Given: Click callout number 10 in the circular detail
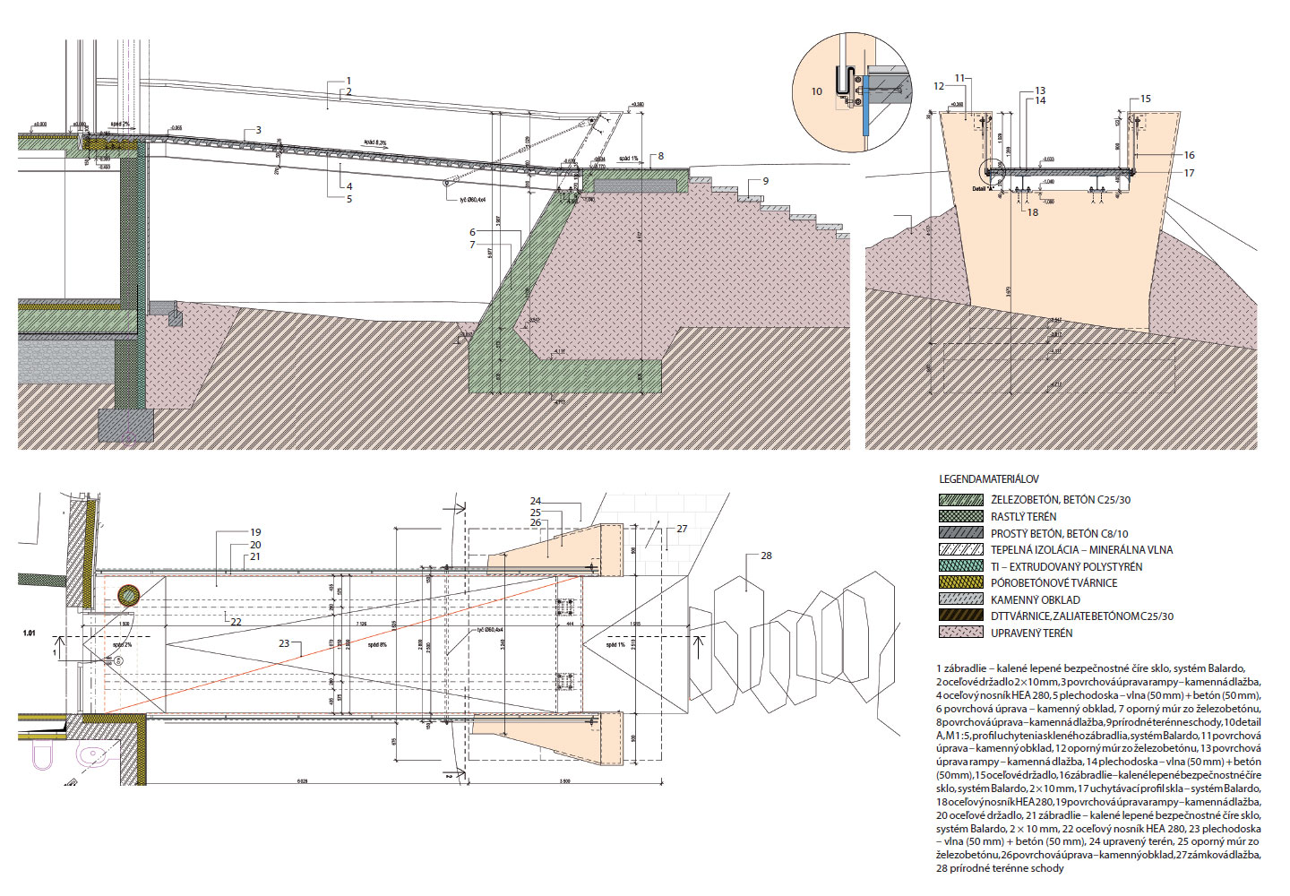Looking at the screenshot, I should pyautogui.click(x=816, y=91).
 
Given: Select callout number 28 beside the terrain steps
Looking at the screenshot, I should pyautogui.click(x=766, y=556).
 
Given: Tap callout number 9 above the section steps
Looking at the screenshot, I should pyautogui.click(x=765, y=181).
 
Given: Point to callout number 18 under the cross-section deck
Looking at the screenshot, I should pyautogui.click(x=1033, y=212).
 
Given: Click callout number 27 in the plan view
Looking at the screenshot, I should pyautogui.click(x=682, y=529).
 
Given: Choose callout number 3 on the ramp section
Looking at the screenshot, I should pyautogui.click(x=259, y=131).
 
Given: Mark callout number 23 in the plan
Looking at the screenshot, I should pyautogui.click(x=284, y=643).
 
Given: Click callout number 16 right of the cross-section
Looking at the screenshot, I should pyautogui.click(x=1189, y=155).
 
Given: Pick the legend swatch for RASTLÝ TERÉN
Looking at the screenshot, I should pyautogui.click(x=960, y=516).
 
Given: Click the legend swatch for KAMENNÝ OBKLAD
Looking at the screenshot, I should pyautogui.click(x=960, y=599).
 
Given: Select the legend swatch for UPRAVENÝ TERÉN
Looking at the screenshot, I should pyautogui.click(x=960, y=633).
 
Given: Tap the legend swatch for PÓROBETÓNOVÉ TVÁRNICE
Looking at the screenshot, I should pyautogui.click(x=960, y=582).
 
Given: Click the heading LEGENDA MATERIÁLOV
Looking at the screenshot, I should pyautogui.click(x=989, y=479).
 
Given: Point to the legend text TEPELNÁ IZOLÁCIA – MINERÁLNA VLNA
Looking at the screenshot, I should pyautogui.click(x=1080, y=549).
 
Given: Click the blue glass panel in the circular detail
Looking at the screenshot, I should pyautogui.click(x=866, y=103).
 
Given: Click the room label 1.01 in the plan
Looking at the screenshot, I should pyautogui.click(x=30, y=633).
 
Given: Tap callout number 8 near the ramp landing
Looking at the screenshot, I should pyautogui.click(x=661, y=156).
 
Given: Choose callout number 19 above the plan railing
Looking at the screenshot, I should pyautogui.click(x=255, y=532).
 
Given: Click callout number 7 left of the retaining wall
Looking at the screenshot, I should pyautogui.click(x=472, y=245).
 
